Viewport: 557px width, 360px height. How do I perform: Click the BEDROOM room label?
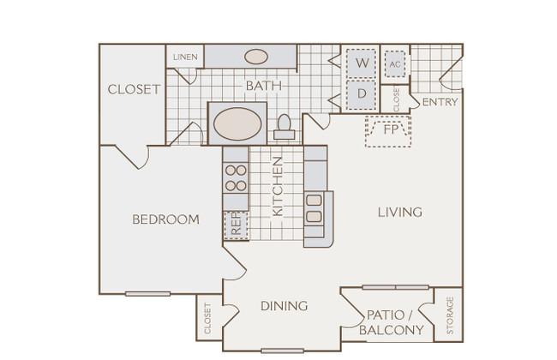[x=165, y=219]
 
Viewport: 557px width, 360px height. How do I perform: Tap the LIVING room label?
[x=400, y=213]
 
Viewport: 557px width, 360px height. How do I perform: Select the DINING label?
[x=284, y=306]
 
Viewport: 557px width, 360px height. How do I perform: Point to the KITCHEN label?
[x=278, y=186]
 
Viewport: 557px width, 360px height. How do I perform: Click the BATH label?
[x=264, y=86]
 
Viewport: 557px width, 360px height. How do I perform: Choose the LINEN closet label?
[x=185, y=57]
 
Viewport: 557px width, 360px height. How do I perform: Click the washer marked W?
[x=362, y=63]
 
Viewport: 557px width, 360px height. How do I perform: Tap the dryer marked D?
[x=362, y=94]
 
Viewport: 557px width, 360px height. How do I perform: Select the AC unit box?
[x=395, y=64]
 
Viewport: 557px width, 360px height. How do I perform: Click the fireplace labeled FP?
[x=388, y=131]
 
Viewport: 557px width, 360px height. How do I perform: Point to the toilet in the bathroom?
[x=284, y=127]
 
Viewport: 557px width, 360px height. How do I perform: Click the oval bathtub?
[x=237, y=123]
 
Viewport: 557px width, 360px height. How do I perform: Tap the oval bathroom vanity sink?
[x=255, y=57]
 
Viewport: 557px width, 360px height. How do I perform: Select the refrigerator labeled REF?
[x=237, y=225]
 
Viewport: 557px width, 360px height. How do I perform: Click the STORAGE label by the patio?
[x=450, y=315]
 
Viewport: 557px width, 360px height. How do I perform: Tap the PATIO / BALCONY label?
[x=391, y=322]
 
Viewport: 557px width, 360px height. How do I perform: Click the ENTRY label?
[x=440, y=102]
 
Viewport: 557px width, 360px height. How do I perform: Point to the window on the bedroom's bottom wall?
[x=147, y=294]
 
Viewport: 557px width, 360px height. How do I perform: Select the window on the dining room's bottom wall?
[x=283, y=351]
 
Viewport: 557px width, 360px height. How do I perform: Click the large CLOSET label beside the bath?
[x=134, y=89]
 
